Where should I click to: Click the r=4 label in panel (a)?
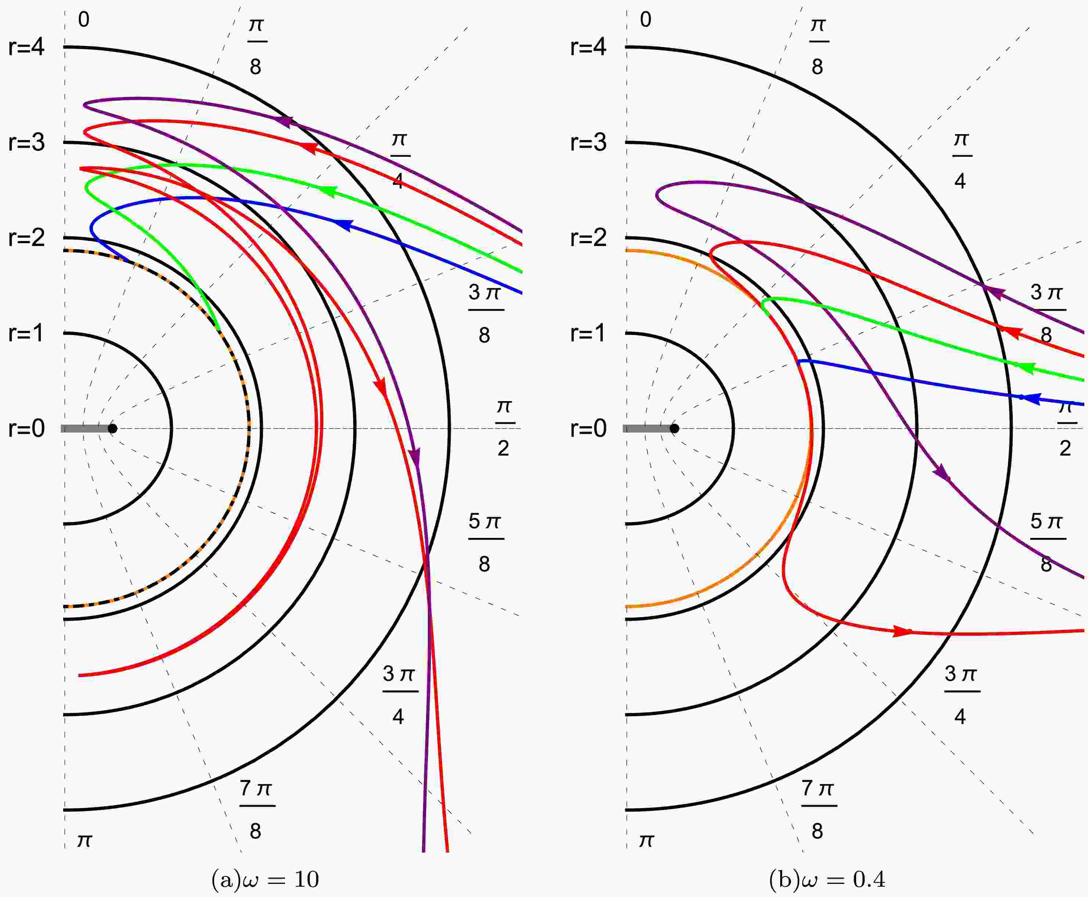tap(26, 47)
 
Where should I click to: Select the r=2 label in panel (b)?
tap(588, 238)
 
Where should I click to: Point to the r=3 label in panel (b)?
tap(588, 143)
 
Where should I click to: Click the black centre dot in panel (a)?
tap(113, 428)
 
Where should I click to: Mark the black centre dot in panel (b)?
tap(674, 428)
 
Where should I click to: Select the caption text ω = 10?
tap(266, 879)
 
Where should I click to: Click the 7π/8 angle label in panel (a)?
tap(256, 810)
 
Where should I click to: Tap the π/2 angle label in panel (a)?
tap(504, 428)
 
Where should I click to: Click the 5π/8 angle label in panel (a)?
tap(484, 543)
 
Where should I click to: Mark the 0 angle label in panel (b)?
tap(645, 19)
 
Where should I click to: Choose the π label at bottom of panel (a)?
tap(84, 841)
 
